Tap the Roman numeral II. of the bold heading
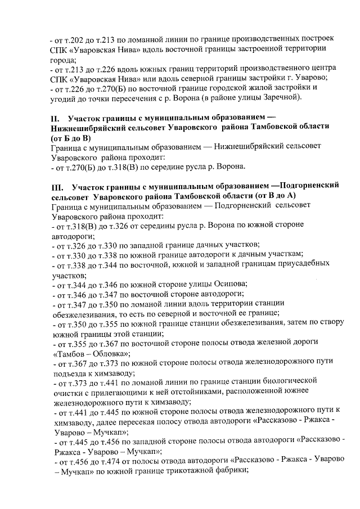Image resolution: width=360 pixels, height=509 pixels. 55,120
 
